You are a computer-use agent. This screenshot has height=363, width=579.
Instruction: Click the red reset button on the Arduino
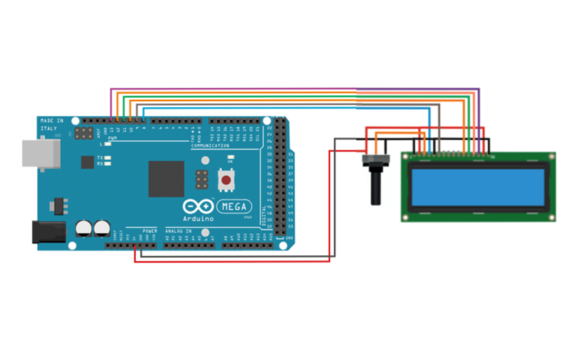coord(227,179)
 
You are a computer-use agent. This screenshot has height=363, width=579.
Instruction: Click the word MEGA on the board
coord(233,206)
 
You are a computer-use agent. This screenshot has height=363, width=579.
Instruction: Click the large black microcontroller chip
coord(166,179)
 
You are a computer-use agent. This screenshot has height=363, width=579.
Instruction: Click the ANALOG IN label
coord(178,231)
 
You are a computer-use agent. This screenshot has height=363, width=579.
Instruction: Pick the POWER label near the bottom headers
coord(149,231)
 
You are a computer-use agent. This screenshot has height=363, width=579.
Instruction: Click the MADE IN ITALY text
coord(52,124)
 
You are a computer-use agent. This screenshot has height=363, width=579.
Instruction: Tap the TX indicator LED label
coord(100,157)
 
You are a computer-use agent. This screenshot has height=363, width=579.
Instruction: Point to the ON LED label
coord(229,161)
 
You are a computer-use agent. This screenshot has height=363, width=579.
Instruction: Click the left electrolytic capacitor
coord(83,228)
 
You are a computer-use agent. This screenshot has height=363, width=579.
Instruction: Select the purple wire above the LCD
coord(297,89)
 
